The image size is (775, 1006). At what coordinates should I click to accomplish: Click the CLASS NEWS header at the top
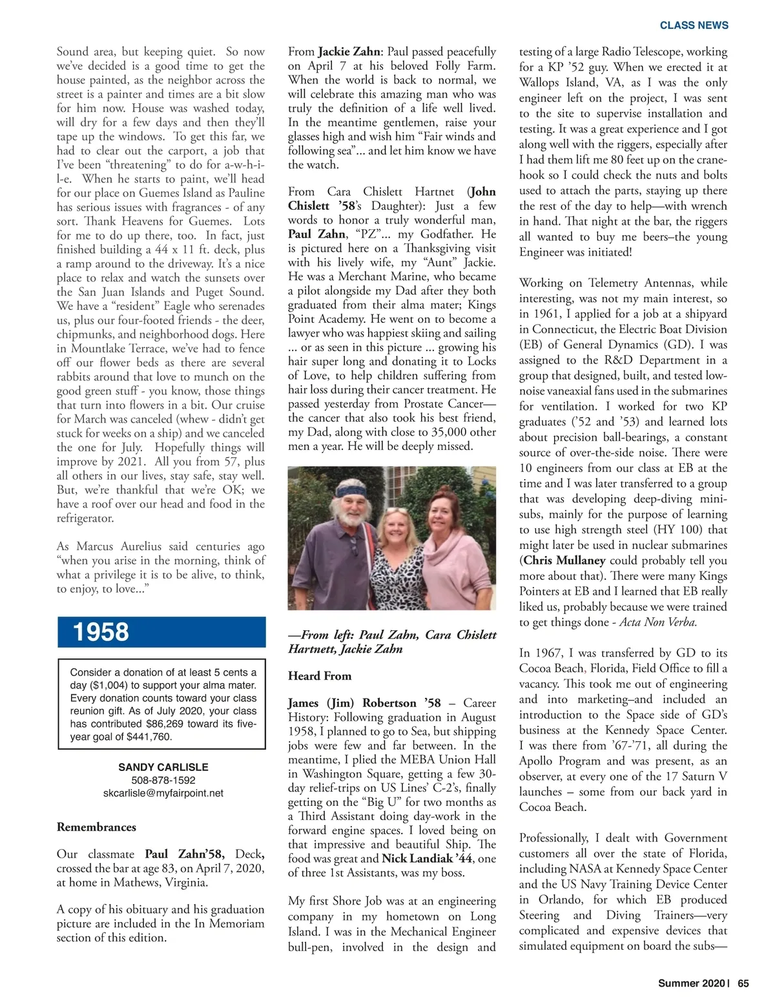tap(694, 25)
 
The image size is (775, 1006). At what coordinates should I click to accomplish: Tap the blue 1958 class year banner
tap(161, 632)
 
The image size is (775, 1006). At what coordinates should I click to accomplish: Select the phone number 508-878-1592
tap(163, 780)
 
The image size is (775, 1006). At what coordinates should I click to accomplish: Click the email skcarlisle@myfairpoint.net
tap(163, 793)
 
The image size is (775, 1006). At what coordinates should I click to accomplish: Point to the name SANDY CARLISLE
tap(163, 767)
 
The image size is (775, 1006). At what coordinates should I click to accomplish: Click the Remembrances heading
tap(96, 827)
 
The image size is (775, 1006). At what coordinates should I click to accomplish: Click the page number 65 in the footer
tap(743, 983)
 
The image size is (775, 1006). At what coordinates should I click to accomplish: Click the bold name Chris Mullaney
tap(564, 560)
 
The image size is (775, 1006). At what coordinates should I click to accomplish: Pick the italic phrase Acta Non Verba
tap(658, 622)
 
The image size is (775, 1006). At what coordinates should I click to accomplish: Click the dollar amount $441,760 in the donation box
tap(149, 737)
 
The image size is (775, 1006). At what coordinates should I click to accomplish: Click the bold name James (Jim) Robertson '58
tap(364, 703)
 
